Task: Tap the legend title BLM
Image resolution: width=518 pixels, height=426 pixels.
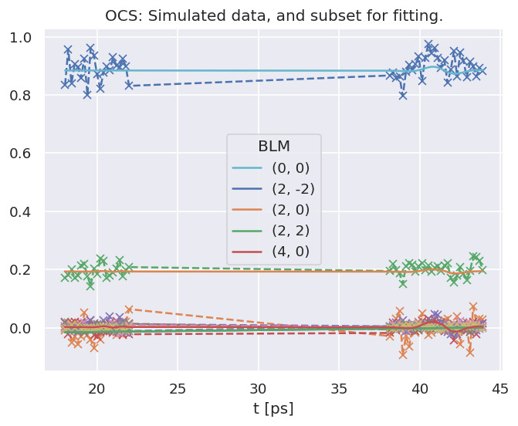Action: click(x=273, y=147)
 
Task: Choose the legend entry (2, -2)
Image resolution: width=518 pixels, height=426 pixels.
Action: click(x=293, y=188)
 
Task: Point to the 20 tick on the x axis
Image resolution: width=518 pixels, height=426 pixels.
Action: click(x=97, y=387)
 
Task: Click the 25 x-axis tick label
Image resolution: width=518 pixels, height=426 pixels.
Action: click(x=178, y=387)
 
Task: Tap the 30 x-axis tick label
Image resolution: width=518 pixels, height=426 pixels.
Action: click(x=259, y=387)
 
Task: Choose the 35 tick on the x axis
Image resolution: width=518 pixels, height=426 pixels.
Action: click(x=339, y=387)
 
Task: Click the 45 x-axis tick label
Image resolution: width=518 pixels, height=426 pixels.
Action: click(x=500, y=387)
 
